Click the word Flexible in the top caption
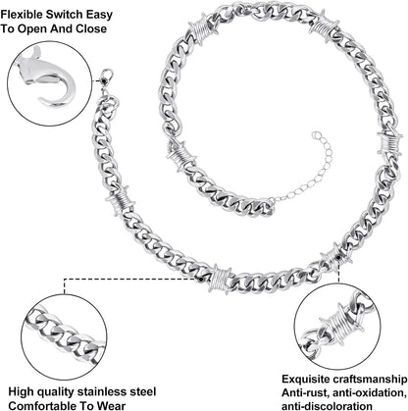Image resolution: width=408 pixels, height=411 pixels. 21,15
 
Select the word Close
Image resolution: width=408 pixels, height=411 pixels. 91,28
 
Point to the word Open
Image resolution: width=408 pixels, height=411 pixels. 32,29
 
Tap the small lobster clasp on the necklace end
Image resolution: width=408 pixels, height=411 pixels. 106,76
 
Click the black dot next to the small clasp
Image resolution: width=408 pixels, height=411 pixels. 104,80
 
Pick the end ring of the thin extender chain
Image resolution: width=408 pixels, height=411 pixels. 315,134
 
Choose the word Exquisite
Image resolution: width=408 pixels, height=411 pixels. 305,380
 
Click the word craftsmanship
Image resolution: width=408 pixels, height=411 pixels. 370,380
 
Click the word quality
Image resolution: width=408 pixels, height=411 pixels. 60,391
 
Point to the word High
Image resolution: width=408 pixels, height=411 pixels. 22,391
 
